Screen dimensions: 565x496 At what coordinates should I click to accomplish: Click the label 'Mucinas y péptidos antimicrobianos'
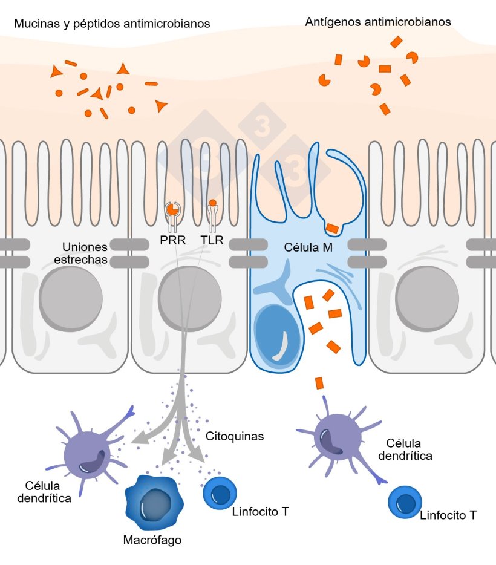(112, 24)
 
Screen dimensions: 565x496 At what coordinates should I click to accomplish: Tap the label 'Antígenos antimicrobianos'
(378, 22)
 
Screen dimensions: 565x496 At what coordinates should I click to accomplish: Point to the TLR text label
(212, 241)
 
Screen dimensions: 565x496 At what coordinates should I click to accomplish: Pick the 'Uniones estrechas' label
(85, 253)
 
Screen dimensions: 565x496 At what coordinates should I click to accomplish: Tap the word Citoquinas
(235, 436)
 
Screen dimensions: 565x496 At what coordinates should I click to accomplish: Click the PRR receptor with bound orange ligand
(172, 210)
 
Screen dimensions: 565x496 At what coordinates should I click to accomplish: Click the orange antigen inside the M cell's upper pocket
(332, 228)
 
